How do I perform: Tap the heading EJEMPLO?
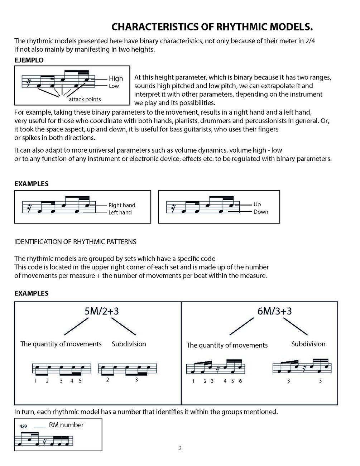click(x=29, y=60)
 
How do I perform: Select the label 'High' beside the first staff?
click(x=116, y=78)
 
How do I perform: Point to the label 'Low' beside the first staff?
click(x=114, y=86)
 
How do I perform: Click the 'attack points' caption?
click(x=85, y=99)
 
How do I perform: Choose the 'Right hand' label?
click(x=122, y=205)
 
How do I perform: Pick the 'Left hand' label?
click(x=120, y=212)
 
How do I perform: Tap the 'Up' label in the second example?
click(x=257, y=204)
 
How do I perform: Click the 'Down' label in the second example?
click(x=261, y=212)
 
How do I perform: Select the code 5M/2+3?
click(x=101, y=311)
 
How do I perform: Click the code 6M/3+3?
click(x=274, y=311)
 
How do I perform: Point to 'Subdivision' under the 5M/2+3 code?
click(x=129, y=344)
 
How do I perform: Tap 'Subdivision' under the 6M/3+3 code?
click(x=308, y=344)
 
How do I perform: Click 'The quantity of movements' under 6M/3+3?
click(x=227, y=345)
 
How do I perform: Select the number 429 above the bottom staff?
click(x=23, y=426)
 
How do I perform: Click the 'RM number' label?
click(x=66, y=425)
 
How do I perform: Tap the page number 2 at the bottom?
click(x=180, y=448)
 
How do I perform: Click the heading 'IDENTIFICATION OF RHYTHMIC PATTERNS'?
click(x=75, y=242)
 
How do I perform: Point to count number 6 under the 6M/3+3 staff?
click(x=240, y=381)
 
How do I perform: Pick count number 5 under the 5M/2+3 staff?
click(x=80, y=381)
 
